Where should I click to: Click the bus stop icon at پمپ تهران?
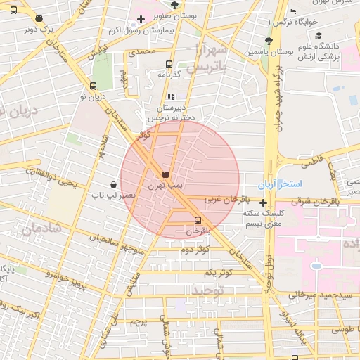pyautogui.click(x=166, y=174)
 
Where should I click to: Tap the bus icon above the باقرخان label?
pyautogui.click(x=196, y=220)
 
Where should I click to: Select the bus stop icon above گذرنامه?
pyautogui.click(x=169, y=64)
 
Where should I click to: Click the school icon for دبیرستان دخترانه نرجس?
pyautogui.click(x=170, y=96)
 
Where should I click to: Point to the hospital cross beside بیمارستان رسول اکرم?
pyautogui.click(x=141, y=19)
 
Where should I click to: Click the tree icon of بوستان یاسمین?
pyautogui.click(x=269, y=41)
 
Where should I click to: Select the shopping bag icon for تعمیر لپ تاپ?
pyautogui.click(x=113, y=184)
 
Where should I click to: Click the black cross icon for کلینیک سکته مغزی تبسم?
pyautogui.click(x=263, y=203)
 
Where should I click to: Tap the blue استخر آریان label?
pyautogui.click(x=288, y=184)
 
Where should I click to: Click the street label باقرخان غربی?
pyautogui.click(x=218, y=200)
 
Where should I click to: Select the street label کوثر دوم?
pyautogui.click(x=195, y=250)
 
